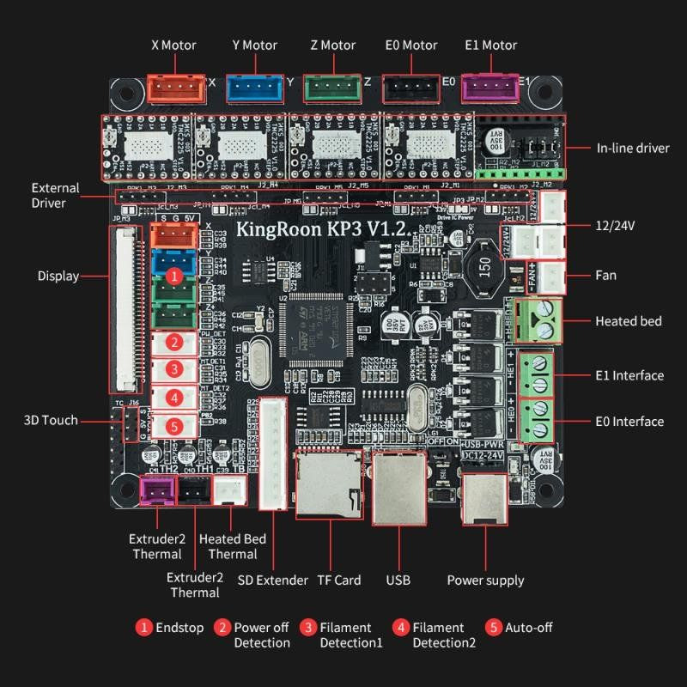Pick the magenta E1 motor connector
(490, 86)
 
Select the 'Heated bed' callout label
(629, 321)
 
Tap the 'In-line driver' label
(633, 148)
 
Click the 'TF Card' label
(338, 580)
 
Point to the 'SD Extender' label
(272, 580)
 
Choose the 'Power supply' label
(485, 581)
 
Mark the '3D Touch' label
(51, 420)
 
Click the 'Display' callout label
(58, 276)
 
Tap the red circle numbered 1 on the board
(174, 277)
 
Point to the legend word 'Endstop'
(179, 628)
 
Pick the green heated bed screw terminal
(541, 320)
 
